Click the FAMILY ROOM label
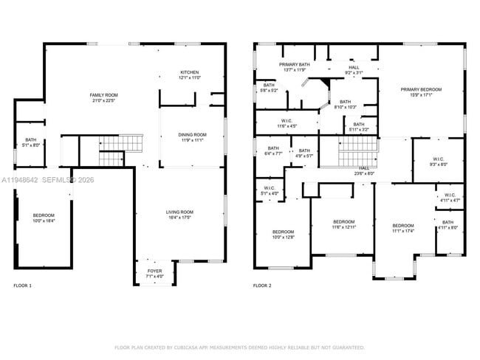coord(104,95)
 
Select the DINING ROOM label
coord(191,134)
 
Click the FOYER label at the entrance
coord(154,271)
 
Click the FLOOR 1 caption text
coord(23,285)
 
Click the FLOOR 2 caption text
coord(262,285)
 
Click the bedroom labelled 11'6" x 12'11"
coord(343,222)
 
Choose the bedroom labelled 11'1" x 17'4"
coord(402,226)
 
